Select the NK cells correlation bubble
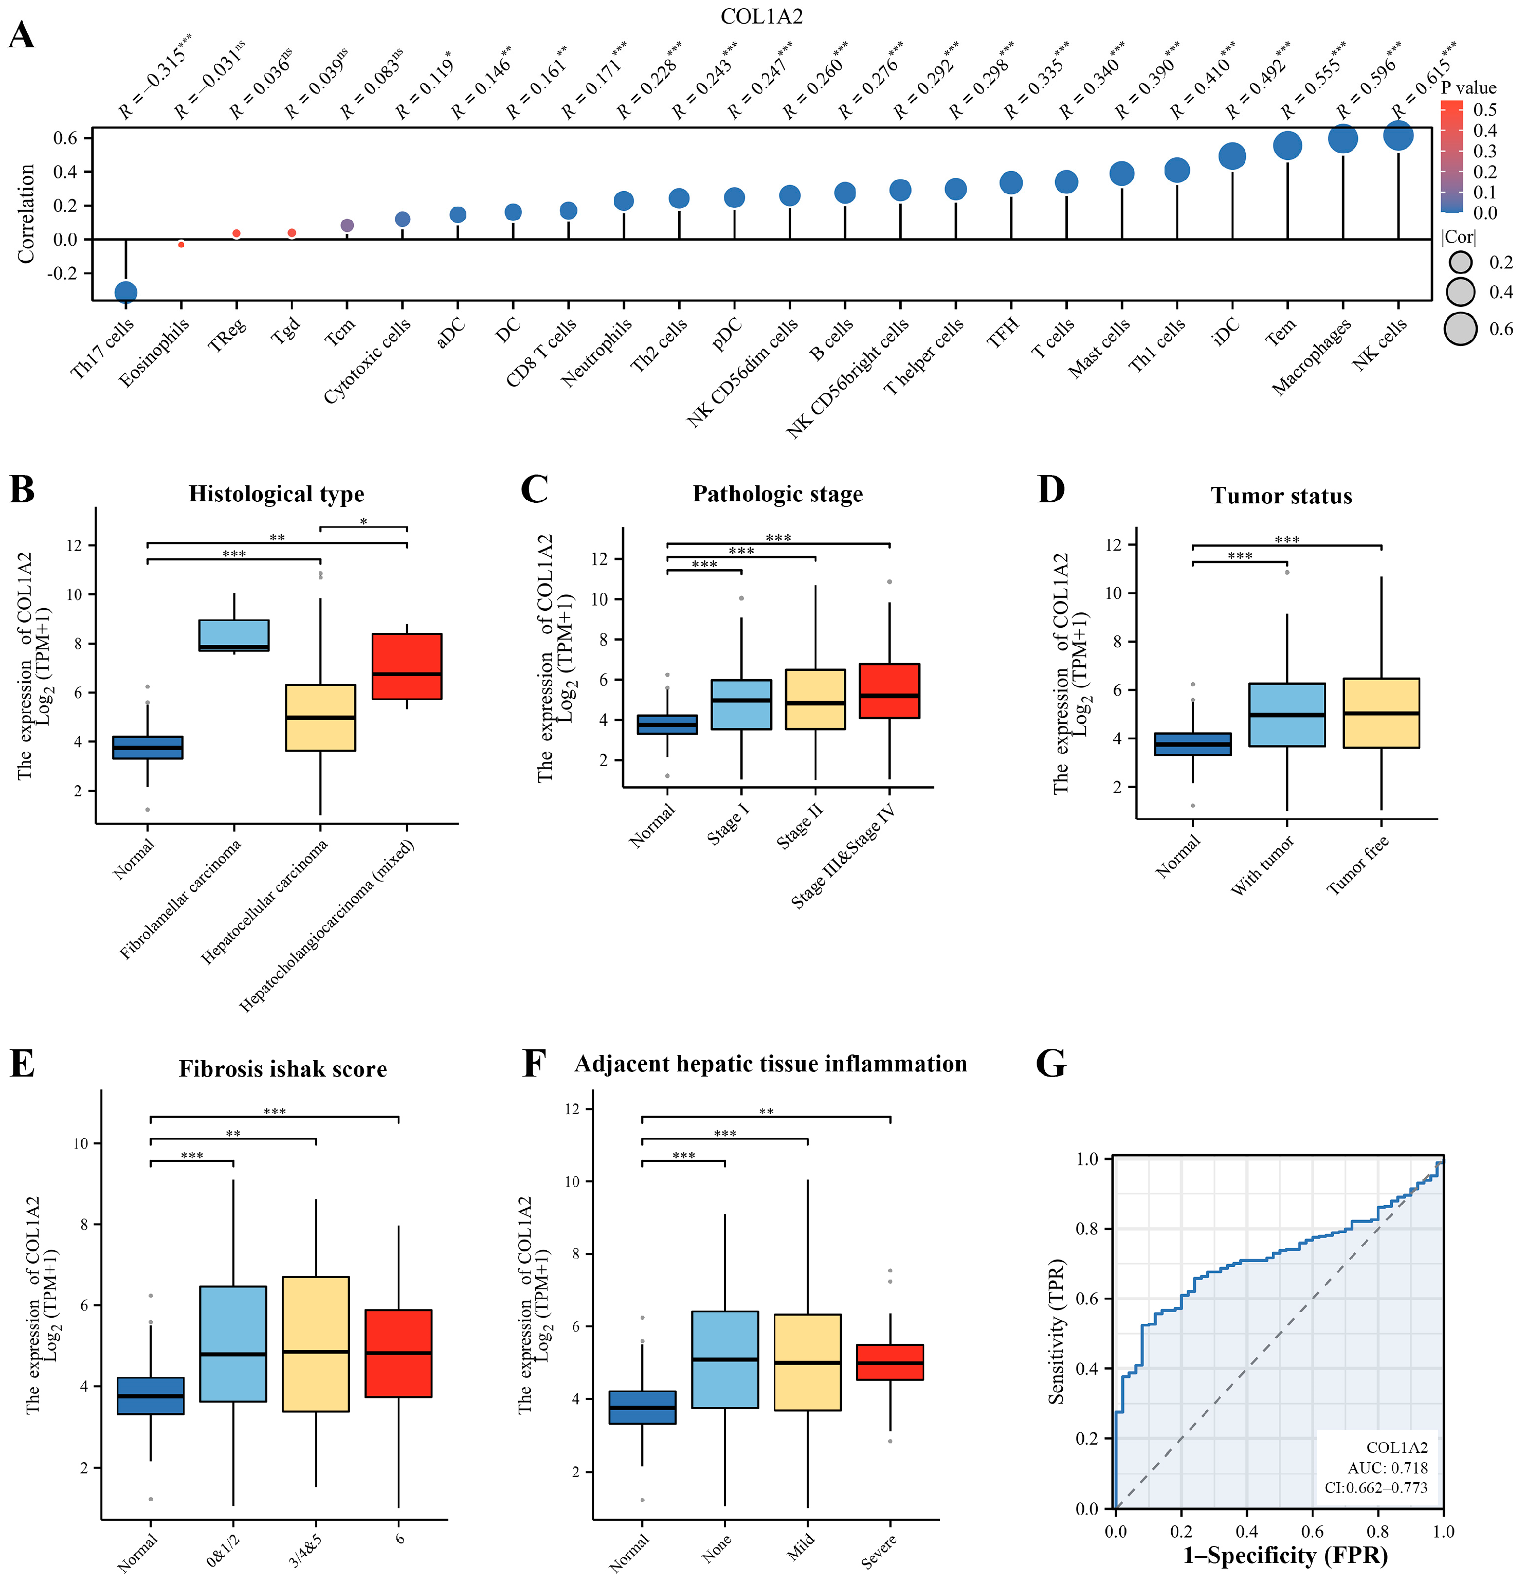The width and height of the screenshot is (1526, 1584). point(1398,135)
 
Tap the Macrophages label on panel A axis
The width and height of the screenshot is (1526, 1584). point(1312,356)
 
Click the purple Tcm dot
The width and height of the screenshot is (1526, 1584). point(347,226)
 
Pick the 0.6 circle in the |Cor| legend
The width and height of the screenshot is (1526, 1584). point(1461,329)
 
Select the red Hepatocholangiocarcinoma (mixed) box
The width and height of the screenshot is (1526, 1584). point(407,666)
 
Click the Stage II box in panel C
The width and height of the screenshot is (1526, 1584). point(815,699)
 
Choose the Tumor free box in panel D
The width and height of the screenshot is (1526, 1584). point(1380,713)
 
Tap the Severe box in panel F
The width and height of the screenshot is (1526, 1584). point(889,1362)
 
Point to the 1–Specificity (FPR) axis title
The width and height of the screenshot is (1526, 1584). point(1285,1556)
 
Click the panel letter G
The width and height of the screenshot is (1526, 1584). point(1051,1064)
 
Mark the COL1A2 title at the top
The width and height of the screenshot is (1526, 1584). point(761,16)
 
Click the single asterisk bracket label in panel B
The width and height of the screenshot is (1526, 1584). point(364,522)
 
